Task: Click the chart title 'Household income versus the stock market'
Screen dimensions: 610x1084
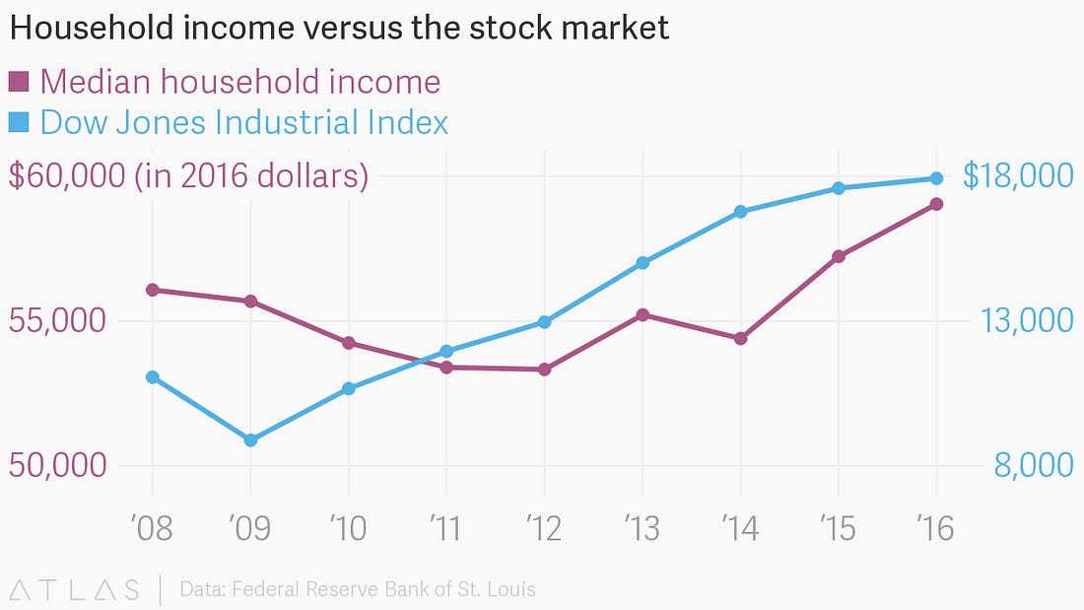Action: [339, 29]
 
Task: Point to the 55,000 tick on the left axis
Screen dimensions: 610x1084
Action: [57, 321]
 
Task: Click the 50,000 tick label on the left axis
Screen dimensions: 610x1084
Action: [57, 465]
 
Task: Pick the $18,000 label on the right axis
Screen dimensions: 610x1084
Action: [1017, 176]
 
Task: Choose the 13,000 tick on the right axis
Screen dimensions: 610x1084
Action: [1025, 321]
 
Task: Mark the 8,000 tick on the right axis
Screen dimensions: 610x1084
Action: [1032, 465]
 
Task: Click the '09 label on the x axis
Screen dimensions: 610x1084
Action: [250, 528]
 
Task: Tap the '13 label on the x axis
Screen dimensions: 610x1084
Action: [643, 528]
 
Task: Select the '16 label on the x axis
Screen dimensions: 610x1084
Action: [935, 528]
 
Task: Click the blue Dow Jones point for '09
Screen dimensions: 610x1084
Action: [250, 440]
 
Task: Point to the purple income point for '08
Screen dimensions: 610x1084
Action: [153, 290]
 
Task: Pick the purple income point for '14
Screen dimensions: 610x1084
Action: [740, 338]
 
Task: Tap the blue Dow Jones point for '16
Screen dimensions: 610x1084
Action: [936, 178]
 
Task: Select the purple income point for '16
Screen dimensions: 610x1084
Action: [936, 204]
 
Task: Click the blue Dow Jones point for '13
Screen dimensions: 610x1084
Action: [643, 263]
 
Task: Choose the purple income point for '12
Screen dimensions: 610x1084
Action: [544, 370]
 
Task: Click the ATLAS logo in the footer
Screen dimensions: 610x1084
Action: [74, 590]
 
